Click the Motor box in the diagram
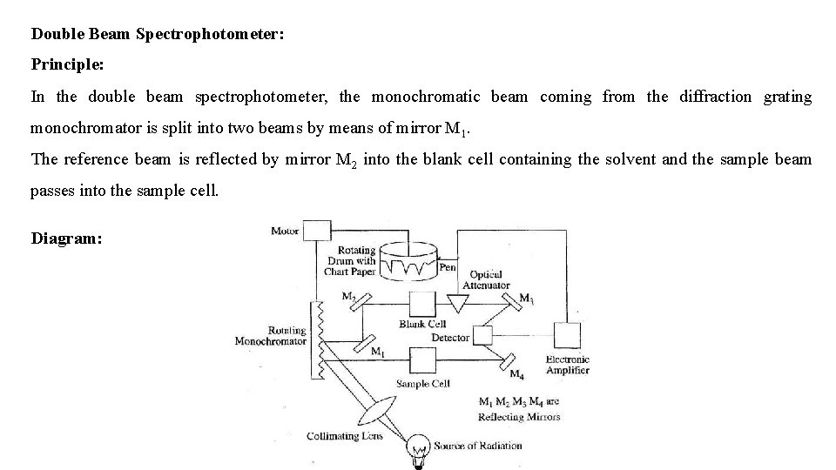(x=318, y=230)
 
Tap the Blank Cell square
(x=422, y=305)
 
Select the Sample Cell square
(x=422, y=359)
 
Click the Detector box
(x=482, y=336)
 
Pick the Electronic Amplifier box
(x=567, y=336)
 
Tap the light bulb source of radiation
(x=420, y=448)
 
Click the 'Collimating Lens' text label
(x=345, y=436)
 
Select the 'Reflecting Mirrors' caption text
(x=519, y=416)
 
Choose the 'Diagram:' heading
(x=66, y=238)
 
